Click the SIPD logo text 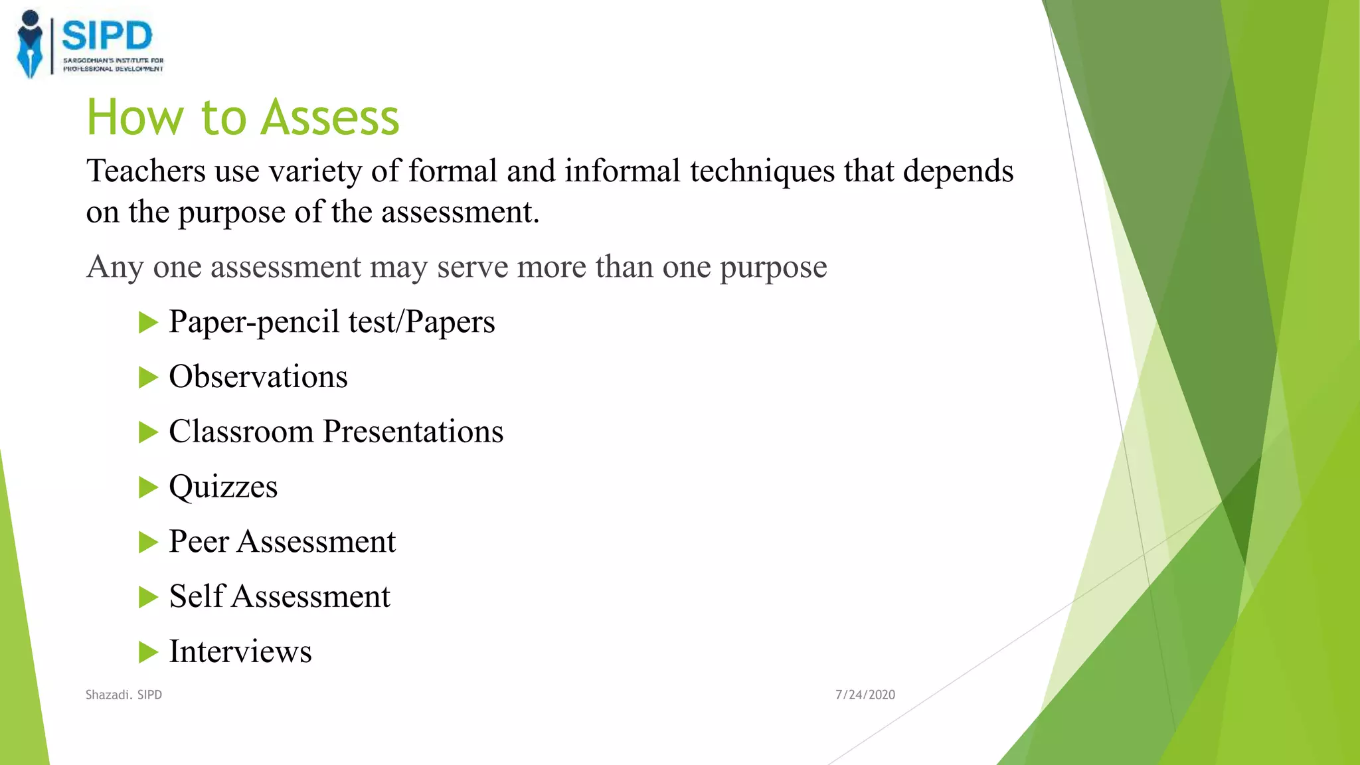(107, 35)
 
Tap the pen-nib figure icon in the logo (29, 44)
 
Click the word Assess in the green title (330, 118)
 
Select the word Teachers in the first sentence (146, 171)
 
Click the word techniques (762, 171)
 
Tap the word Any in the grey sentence (115, 267)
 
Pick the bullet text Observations (258, 377)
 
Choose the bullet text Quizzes (223, 487)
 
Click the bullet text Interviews (240, 651)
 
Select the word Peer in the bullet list (199, 541)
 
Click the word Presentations (413, 432)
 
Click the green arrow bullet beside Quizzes (148, 487)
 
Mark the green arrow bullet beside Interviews (148, 652)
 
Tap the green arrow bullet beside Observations (148, 378)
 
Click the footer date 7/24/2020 (865, 695)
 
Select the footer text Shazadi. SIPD (124, 695)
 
